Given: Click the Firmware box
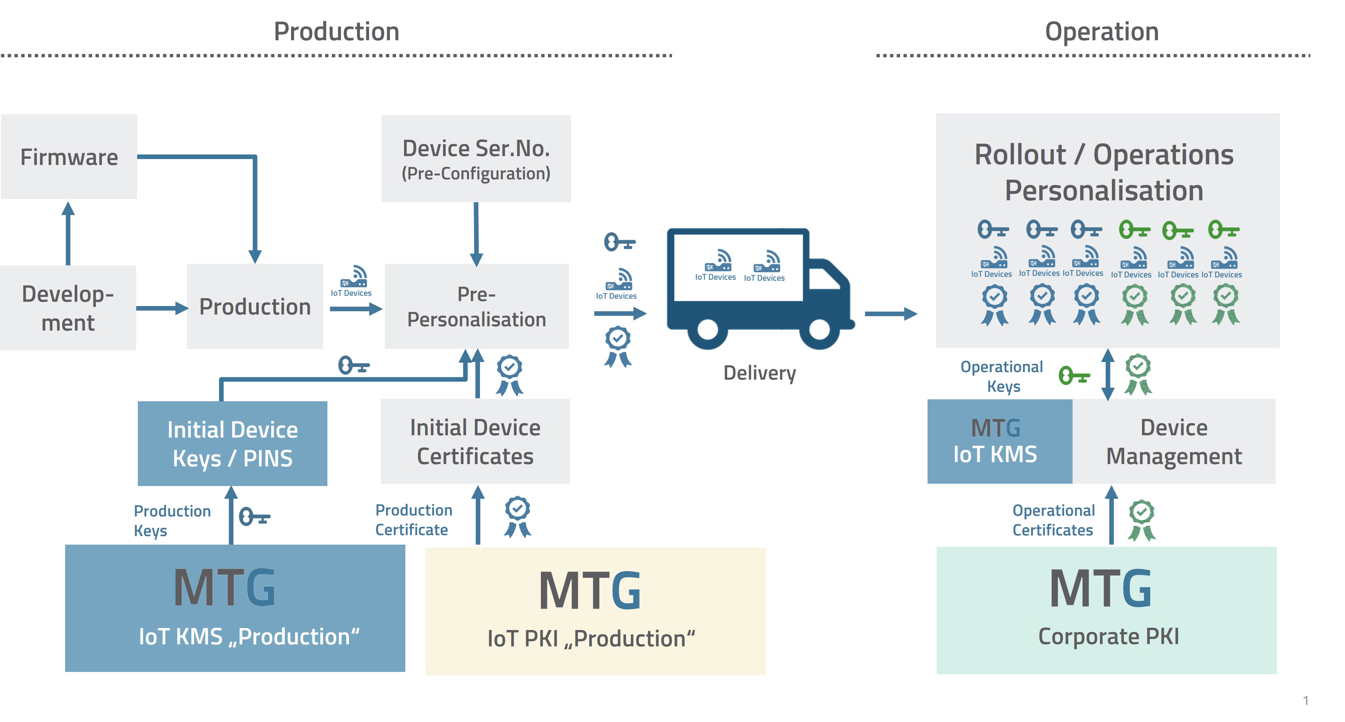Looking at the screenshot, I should coord(69,157).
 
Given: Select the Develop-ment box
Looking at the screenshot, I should coord(68,308).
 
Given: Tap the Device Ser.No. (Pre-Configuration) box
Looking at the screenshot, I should coord(476,159).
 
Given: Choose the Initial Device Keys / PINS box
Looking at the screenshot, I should coord(232,444).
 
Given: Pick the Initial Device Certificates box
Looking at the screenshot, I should coord(475,442).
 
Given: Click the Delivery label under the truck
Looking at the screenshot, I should coord(759,373).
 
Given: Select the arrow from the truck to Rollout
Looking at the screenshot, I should coord(890,314).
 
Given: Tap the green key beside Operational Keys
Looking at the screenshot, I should coord(1074,375).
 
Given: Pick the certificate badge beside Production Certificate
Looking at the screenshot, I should coord(517,516).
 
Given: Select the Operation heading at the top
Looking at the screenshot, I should coord(1102,31).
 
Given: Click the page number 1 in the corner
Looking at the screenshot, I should coord(1305,701).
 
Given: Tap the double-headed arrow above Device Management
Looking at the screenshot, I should coord(1107,374).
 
